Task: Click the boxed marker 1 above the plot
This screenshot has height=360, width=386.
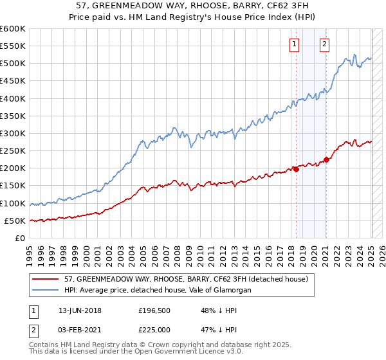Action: point(294,44)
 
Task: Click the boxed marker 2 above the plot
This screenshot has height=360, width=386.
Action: point(324,44)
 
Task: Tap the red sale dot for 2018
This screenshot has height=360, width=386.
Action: point(297,169)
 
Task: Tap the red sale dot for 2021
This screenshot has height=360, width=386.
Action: point(326,159)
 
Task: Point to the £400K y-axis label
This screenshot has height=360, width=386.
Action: point(13,98)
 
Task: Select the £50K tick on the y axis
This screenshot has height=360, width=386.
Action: point(15,221)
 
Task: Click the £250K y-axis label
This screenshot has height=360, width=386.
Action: point(13,150)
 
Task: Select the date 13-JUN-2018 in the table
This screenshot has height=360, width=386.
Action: point(80,310)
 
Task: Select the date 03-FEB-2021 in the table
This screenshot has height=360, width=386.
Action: point(80,329)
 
